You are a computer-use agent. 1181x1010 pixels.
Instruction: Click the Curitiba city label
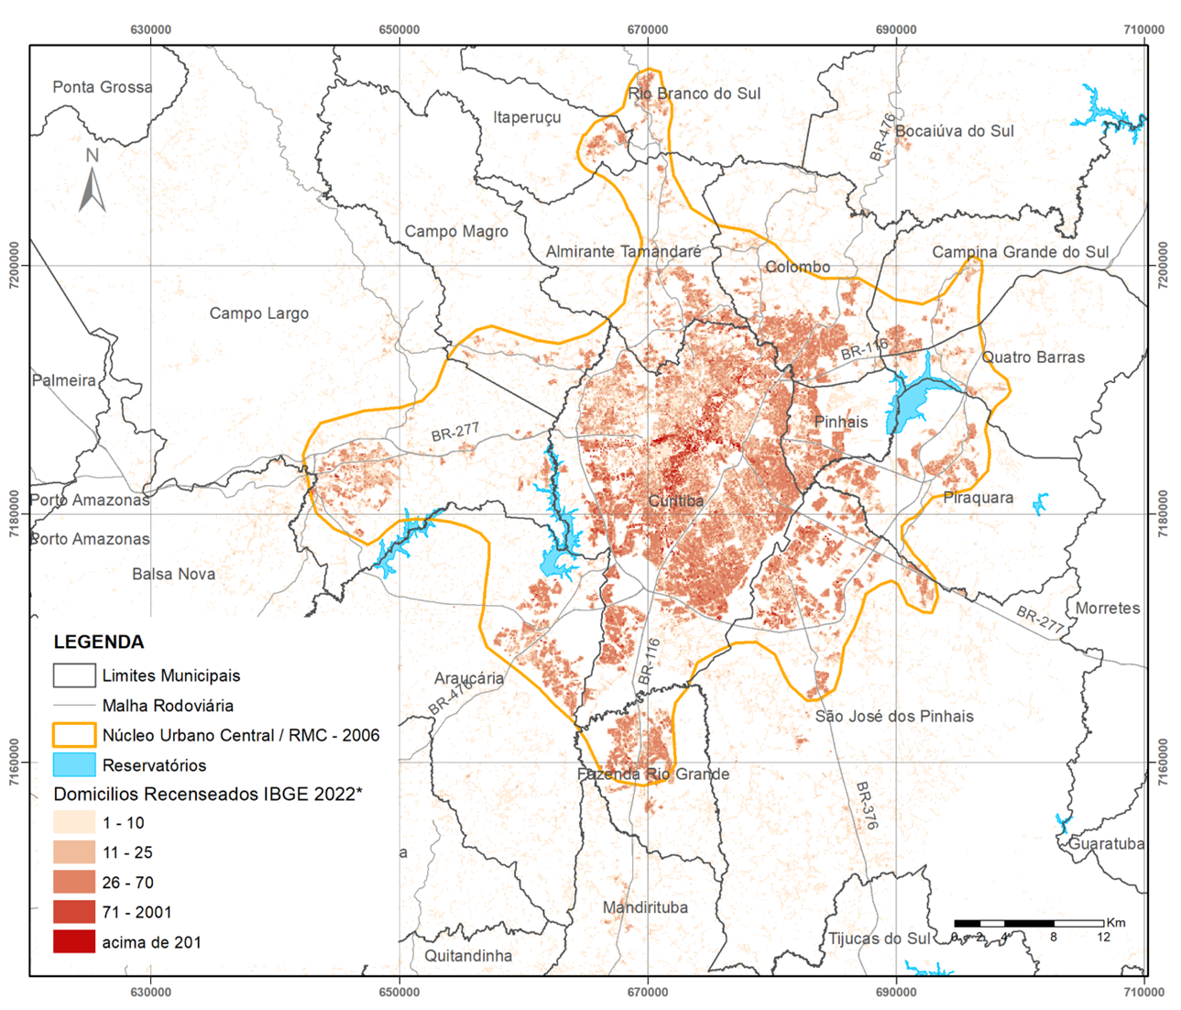coord(675,500)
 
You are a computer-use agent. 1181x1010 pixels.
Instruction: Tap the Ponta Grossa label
coord(103,87)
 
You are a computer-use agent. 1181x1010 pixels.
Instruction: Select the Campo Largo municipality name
coord(258,313)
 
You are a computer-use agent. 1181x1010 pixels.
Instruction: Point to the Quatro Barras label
coord(1033,357)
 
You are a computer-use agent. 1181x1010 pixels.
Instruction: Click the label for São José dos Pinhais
coord(894,716)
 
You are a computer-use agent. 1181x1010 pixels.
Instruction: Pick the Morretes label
coord(1108,609)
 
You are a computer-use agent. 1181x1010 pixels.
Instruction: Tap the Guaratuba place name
coord(1106,843)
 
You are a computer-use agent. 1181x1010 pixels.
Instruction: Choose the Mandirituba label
coord(645,907)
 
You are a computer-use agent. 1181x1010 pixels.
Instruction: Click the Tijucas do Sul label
coord(879,939)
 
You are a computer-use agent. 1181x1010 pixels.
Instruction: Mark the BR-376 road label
coord(867,806)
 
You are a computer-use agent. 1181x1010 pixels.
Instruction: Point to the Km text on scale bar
coord(1116,922)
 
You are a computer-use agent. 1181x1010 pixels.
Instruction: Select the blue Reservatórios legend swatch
coord(74,765)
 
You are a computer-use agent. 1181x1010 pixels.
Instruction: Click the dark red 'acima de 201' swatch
coord(74,942)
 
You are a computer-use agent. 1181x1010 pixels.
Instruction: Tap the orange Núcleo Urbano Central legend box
coord(74,735)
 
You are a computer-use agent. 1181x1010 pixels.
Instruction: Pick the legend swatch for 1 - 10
coord(74,823)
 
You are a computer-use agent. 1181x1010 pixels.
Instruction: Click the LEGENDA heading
coord(98,642)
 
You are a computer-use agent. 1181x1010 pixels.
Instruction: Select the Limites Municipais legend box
coord(74,675)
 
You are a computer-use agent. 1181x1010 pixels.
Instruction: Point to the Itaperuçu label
coord(527,117)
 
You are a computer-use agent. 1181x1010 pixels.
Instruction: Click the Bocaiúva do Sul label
coord(954,131)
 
